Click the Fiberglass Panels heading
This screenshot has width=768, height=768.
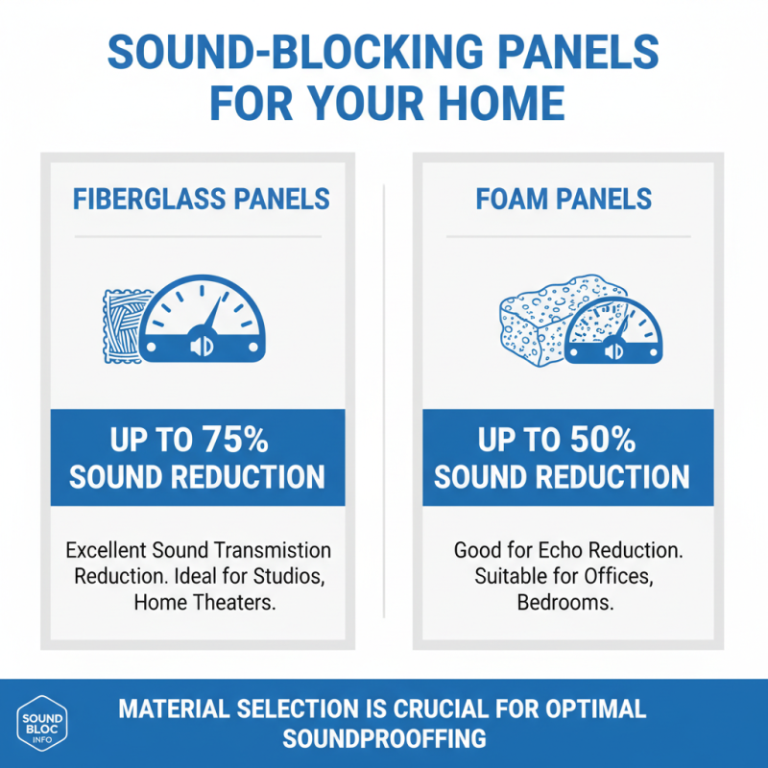coord(202,199)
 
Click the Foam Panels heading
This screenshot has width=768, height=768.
coord(564,199)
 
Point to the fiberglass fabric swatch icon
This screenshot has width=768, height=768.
coord(122,325)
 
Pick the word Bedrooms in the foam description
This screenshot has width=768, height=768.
coord(564,603)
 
